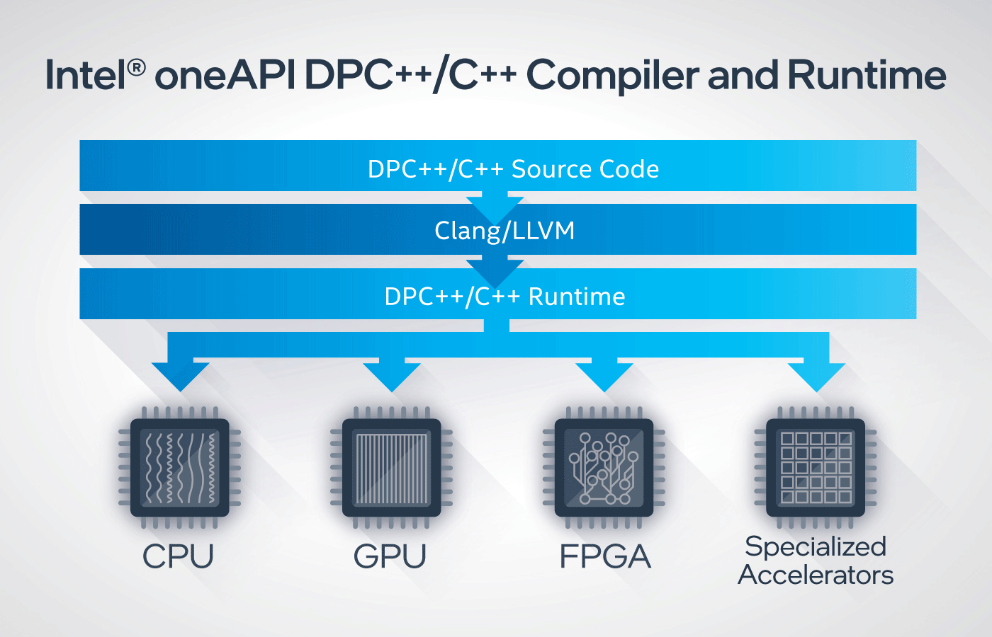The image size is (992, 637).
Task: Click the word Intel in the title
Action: [86, 75]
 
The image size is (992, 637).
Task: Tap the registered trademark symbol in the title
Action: [136, 68]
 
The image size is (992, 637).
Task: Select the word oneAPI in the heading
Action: [225, 75]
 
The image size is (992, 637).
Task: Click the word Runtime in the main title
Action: [867, 75]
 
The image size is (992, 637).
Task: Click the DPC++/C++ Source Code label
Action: [513, 169]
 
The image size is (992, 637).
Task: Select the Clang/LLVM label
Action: [505, 231]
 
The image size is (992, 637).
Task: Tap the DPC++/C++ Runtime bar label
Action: [505, 297]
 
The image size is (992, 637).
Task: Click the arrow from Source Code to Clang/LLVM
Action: [495, 208]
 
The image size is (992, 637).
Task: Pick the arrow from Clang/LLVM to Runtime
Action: [495, 272]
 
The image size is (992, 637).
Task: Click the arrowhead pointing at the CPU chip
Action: [180, 376]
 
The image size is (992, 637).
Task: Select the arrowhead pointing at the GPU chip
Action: [391, 376]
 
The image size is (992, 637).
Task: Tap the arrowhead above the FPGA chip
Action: [604, 376]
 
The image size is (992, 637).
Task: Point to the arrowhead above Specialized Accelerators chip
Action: [816, 376]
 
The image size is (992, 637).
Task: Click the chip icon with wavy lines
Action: [180, 468]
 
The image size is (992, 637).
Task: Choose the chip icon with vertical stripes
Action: [391, 468]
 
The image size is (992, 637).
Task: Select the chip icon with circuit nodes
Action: [604, 468]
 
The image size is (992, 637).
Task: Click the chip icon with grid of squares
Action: [816, 468]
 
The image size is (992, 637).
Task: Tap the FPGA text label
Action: [605, 556]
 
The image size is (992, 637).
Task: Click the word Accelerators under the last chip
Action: [816, 575]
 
